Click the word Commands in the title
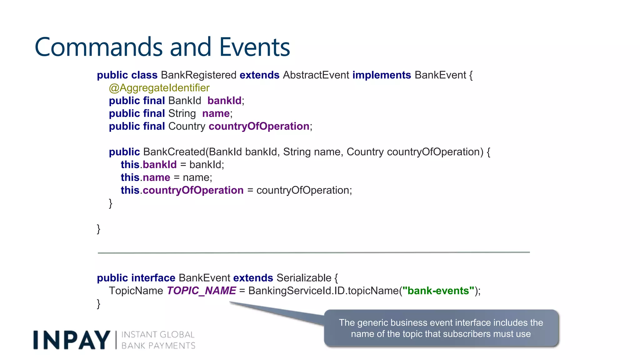click(x=98, y=47)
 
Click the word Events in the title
click(x=254, y=47)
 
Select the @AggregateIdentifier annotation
click(x=159, y=88)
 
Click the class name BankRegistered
click(x=198, y=75)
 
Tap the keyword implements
click(x=382, y=75)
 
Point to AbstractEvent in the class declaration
click(x=316, y=75)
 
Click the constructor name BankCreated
click(x=174, y=152)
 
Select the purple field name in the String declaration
click(x=216, y=113)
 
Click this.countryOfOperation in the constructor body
click(x=182, y=190)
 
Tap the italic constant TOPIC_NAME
click(x=202, y=291)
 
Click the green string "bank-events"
click(x=438, y=291)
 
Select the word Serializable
click(x=304, y=278)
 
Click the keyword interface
click(x=153, y=278)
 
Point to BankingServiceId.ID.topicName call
click(x=323, y=291)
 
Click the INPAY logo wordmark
click(x=72, y=340)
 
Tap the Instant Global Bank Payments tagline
click(x=158, y=340)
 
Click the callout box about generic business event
click(x=441, y=328)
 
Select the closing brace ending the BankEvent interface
click(x=99, y=304)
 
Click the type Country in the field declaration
click(x=187, y=126)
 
